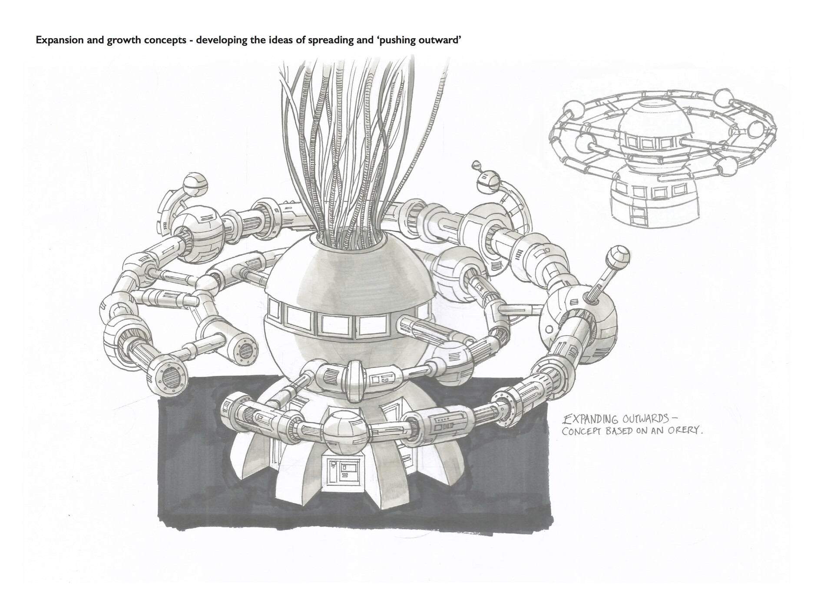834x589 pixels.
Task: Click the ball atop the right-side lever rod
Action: (x=619, y=256)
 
